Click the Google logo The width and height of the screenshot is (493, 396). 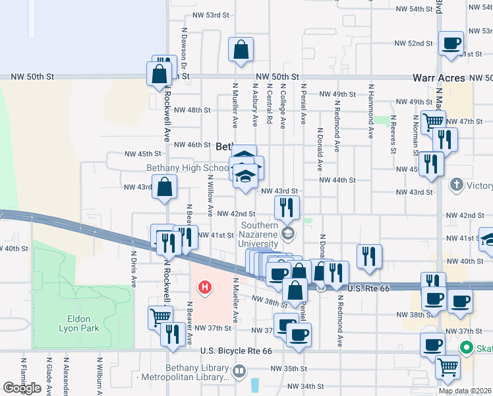(22, 388)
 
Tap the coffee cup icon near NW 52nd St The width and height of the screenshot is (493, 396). (451, 44)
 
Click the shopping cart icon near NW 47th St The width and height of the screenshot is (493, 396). (432, 122)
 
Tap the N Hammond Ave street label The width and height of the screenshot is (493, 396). (371, 111)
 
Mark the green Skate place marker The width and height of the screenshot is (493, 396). (467, 347)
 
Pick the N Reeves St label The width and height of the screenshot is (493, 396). (393, 135)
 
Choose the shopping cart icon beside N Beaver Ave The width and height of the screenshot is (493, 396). (159, 317)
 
